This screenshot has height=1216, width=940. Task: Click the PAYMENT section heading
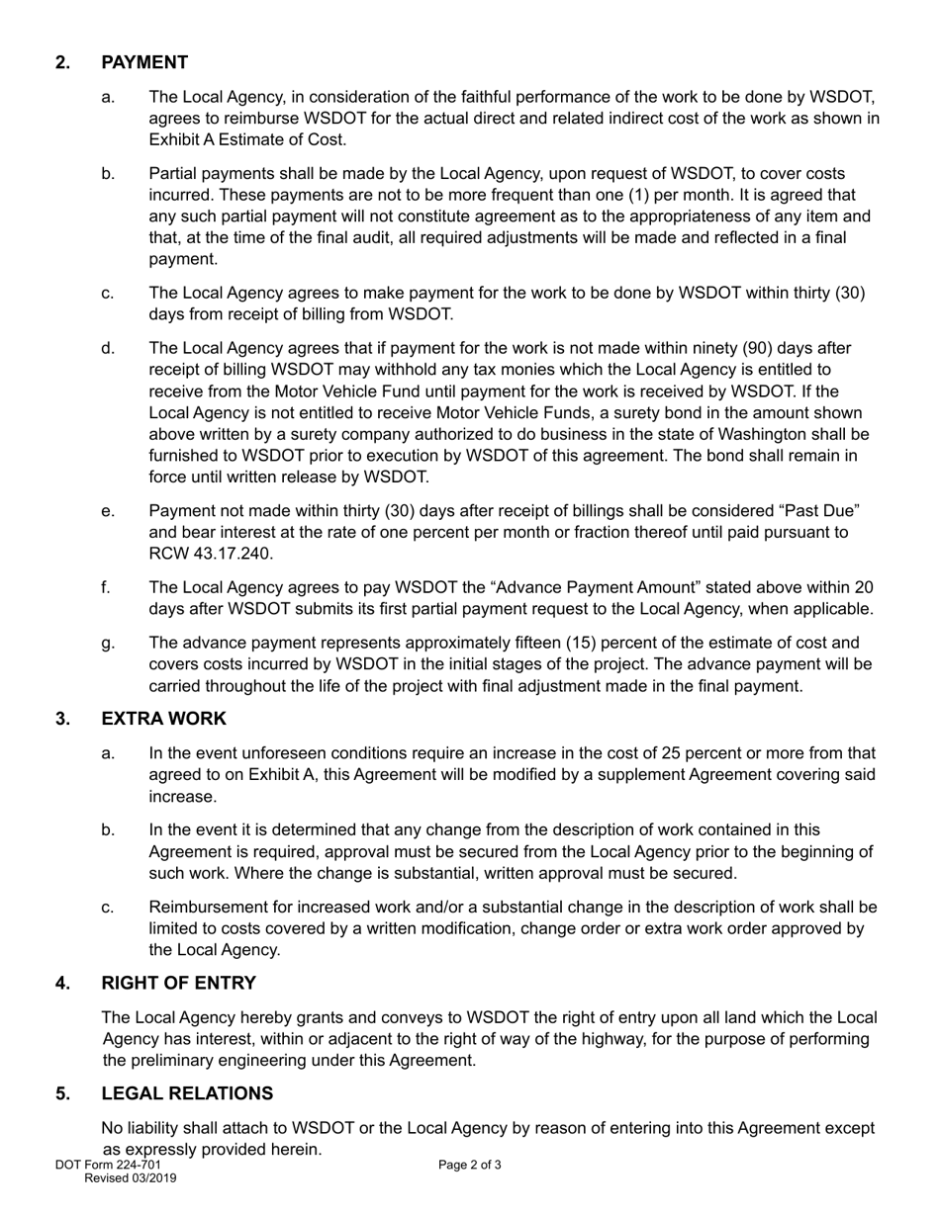tap(144, 62)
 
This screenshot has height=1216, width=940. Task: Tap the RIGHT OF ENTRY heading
tap(178, 983)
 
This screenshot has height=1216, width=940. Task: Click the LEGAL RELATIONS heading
tap(187, 1093)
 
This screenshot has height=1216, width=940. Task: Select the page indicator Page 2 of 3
tap(470, 1165)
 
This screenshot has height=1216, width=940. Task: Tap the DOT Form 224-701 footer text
tap(108, 1165)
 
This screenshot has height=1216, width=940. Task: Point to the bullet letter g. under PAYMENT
tap(108, 643)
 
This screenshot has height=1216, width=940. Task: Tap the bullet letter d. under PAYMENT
tap(108, 348)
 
